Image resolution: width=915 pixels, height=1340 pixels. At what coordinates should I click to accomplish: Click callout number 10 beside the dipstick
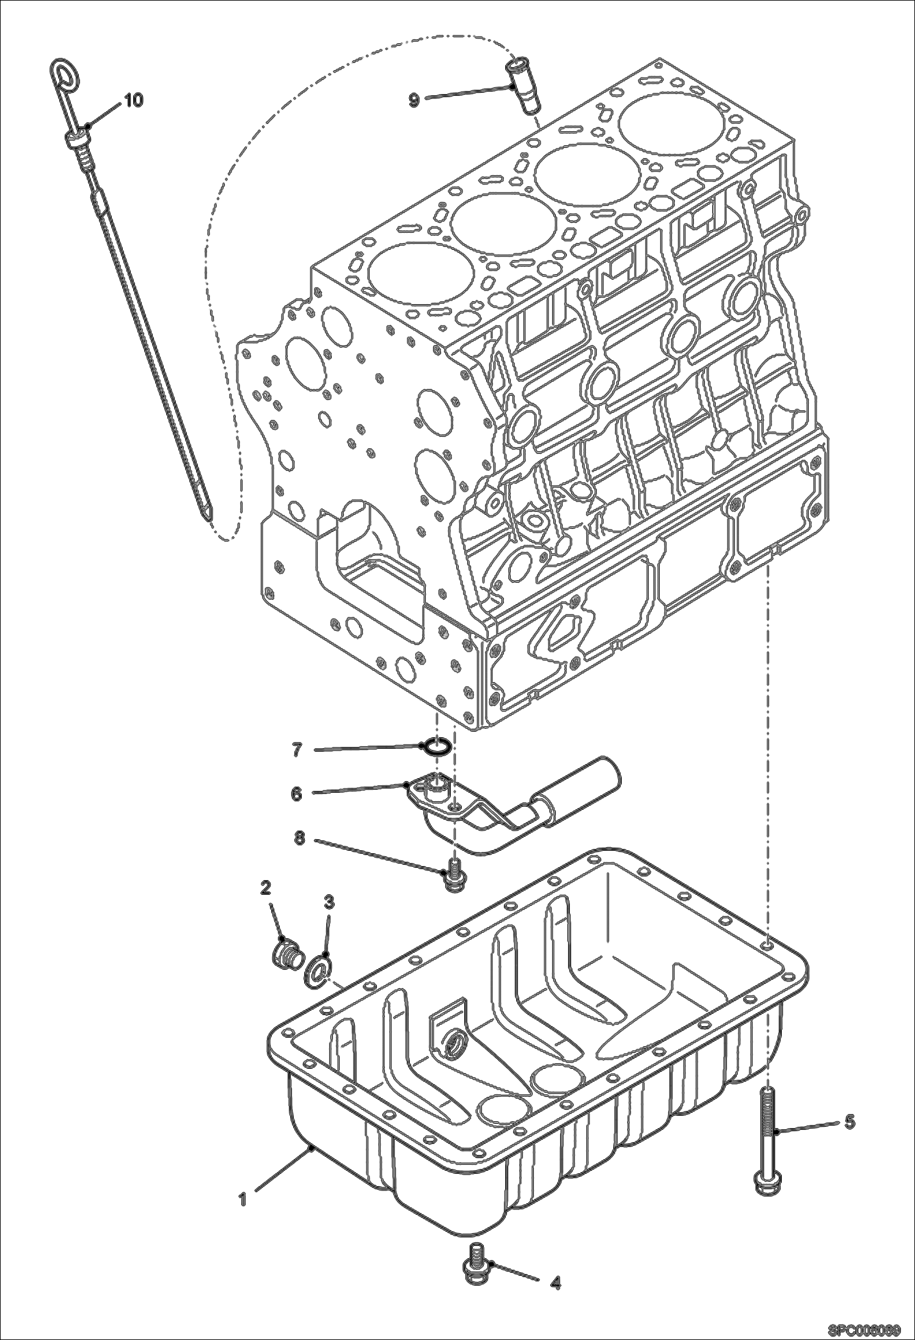(x=134, y=100)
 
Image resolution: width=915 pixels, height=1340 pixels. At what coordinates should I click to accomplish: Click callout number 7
(x=297, y=750)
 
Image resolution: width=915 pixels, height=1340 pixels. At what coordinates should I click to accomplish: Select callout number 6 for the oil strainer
(x=297, y=795)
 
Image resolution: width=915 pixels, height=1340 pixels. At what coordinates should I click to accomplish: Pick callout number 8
(x=299, y=839)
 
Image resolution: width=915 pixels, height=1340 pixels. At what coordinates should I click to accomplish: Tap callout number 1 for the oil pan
(x=242, y=1200)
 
